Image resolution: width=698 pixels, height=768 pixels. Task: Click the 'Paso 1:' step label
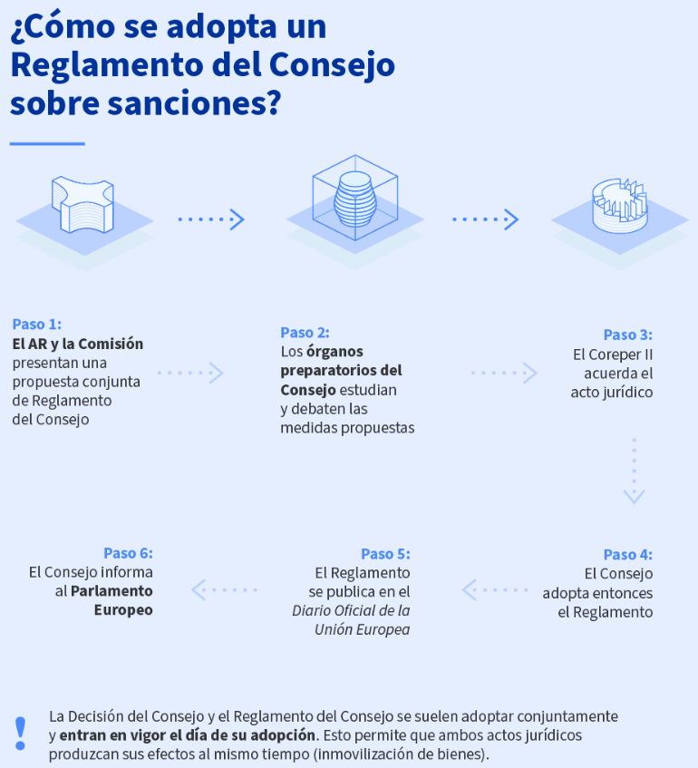[x=37, y=325]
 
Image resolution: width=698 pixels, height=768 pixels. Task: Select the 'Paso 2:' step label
[x=305, y=333]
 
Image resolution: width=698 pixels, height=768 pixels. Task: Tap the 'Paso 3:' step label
[x=628, y=335]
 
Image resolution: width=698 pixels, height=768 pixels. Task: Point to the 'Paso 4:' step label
[x=628, y=554]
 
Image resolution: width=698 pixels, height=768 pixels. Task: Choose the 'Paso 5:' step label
[x=385, y=554]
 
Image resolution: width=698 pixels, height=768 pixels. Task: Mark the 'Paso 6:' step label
[x=129, y=553]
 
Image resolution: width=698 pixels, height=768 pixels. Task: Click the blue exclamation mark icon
[x=21, y=734]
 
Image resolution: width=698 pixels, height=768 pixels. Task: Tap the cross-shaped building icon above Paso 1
[x=82, y=204]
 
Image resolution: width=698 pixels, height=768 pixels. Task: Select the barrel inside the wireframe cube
[x=354, y=199]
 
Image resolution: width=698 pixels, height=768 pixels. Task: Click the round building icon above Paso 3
[x=620, y=206]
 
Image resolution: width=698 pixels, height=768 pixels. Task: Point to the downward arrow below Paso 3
[x=635, y=471]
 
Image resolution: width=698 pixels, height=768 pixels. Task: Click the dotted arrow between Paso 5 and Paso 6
[x=224, y=589]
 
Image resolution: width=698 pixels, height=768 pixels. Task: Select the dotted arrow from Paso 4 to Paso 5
[x=495, y=589]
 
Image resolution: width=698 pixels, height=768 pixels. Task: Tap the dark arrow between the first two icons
[x=211, y=219]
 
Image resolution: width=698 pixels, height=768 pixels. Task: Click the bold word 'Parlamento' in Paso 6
[x=111, y=591]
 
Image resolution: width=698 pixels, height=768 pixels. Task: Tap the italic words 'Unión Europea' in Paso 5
[x=362, y=629]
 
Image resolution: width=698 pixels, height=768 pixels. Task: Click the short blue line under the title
[x=47, y=143]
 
